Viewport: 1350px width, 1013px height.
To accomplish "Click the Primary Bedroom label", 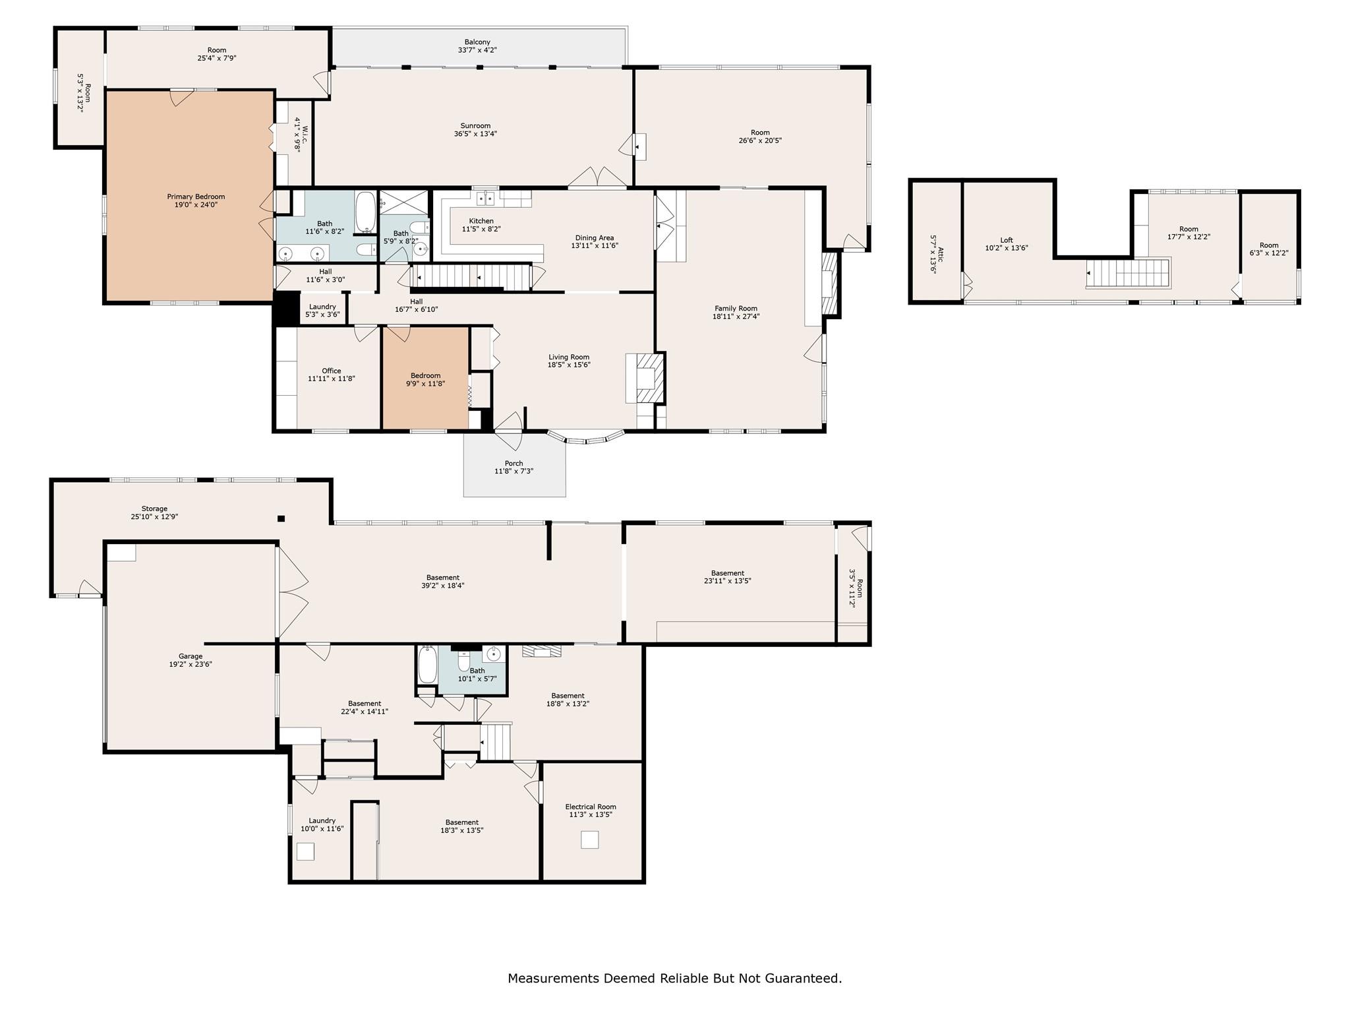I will pyautogui.click(x=196, y=197).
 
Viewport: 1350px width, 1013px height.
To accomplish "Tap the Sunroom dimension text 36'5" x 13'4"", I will pyautogui.click(x=475, y=134).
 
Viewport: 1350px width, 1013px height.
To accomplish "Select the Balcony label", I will pyautogui.click(x=477, y=42).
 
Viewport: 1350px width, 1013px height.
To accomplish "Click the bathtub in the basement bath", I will pyautogui.click(x=426, y=665).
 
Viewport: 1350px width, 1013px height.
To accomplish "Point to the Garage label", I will pyautogui.click(x=191, y=656).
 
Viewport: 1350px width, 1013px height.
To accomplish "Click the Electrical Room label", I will pyautogui.click(x=591, y=807).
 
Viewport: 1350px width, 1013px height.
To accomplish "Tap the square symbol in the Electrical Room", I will pyautogui.click(x=589, y=840).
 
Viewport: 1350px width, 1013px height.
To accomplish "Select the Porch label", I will pyautogui.click(x=514, y=463).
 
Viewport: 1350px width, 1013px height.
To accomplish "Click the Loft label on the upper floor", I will pyautogui.click(x=1006, y=240).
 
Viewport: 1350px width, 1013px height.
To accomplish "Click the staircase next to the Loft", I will pyautogui.click(x=1128, y=273).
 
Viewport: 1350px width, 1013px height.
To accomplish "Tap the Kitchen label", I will pyautogui.click(x=481, y=221).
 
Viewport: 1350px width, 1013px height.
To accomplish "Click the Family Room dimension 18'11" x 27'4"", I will pyautogui.click(x=736, y=317).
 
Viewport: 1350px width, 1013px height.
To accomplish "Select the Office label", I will pyautogui.click(x=332, y=371).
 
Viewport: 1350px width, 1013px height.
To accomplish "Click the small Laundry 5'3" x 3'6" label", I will pyautogui.click(x=322, y=307).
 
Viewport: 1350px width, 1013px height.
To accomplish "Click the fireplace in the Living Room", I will pyautogui.click(x=646, y=378).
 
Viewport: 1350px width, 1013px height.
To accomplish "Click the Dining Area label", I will pyautogui.click(x=595, y=237).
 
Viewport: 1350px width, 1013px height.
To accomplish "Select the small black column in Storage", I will pyautogui.click(x=281, y=518).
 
